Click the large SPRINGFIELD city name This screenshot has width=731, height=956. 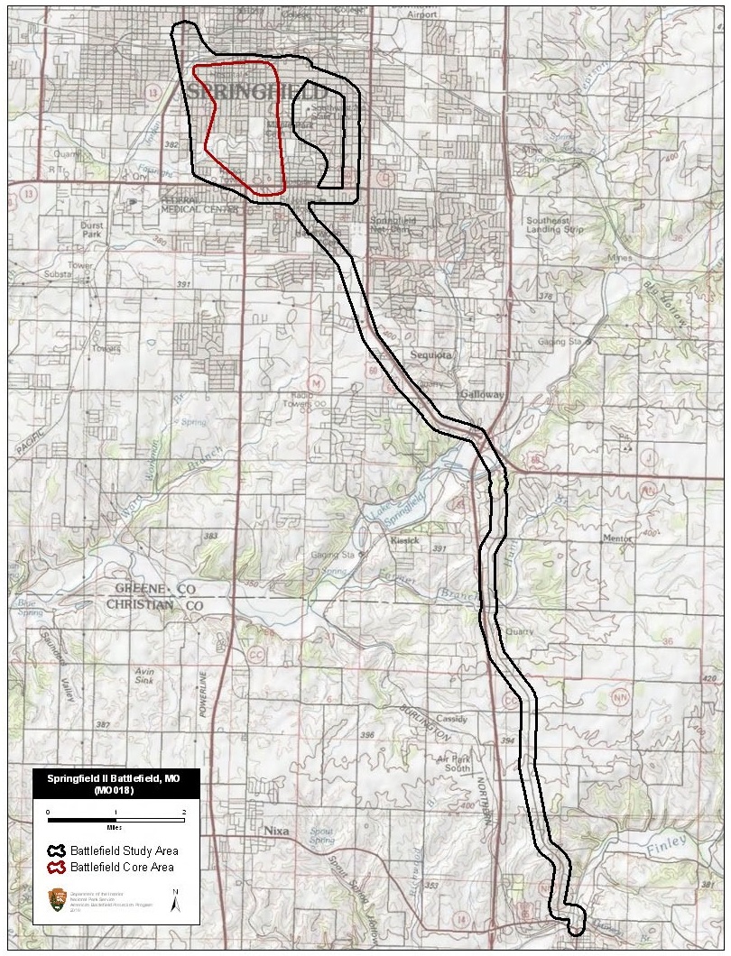[x=259, y=93]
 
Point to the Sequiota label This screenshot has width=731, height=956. [x=431, y=354]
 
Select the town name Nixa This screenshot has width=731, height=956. [x=277, y=830]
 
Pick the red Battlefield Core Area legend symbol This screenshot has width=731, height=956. [x=58, y=868]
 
